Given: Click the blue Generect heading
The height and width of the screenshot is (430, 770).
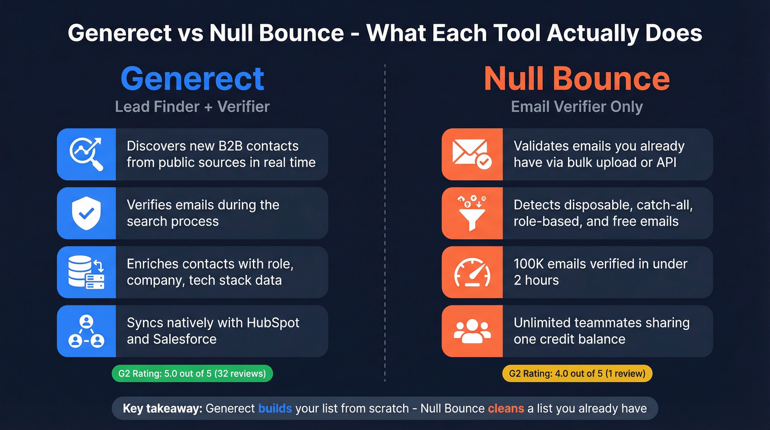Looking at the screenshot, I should coord(193,79).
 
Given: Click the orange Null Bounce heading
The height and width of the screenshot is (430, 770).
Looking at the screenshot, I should coord(577,79).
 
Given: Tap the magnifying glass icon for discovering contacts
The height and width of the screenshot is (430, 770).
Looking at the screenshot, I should coord(86,154).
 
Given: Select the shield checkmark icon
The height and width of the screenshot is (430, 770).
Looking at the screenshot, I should coord(86,213).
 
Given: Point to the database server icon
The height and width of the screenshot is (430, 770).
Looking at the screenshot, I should coord(86,273).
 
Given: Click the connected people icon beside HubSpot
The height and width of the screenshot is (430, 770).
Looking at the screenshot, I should coord(86,331).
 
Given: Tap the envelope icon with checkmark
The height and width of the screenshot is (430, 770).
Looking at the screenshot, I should coord(472,154).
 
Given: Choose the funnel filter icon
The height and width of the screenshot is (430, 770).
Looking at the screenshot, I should coord(472,213).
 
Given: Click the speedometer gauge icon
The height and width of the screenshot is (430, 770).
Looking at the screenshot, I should coord(472,273).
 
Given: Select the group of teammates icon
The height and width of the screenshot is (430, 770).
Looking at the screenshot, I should coord(472,331).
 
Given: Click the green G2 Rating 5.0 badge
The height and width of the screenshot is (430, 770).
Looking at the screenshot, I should coord(192,373).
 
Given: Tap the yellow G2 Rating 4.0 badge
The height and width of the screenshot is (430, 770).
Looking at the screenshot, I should coord(577,373).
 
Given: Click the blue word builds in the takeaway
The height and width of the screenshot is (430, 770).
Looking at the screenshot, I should coord(275,409).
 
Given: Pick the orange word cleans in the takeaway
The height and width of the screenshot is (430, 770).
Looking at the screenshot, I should coord(506,409).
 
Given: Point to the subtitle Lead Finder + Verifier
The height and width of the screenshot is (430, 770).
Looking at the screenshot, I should coord(192,106).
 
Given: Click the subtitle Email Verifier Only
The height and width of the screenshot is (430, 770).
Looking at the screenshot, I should coord(577,106).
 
